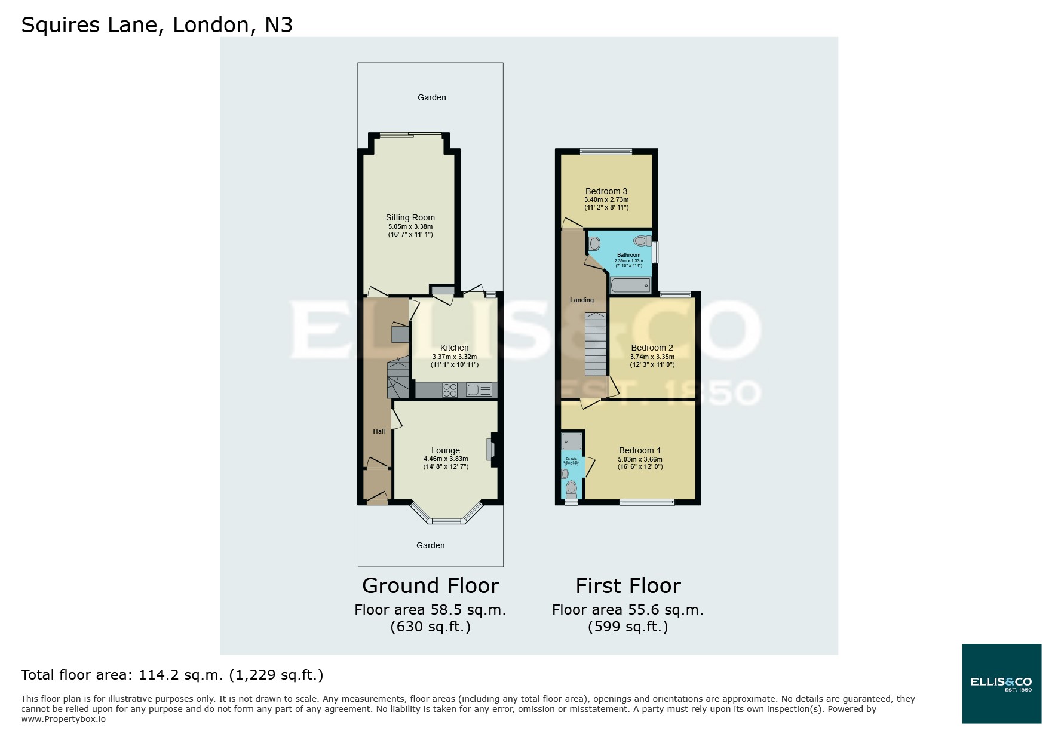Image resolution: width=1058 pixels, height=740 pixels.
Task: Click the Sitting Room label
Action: (x=410, y=217)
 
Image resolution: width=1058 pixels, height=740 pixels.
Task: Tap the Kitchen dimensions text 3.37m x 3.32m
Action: (x=454, y=357)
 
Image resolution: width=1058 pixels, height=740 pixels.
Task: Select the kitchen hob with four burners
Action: (x=450, y=390)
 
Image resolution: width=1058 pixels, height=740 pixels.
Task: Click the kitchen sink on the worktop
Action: (x=479, y=390)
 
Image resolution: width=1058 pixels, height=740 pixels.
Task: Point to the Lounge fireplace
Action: (x=490, y=449)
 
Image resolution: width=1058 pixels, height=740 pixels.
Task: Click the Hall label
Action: (x=379, y=431)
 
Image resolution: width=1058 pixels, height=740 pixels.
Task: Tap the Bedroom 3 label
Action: (x=606, y=191)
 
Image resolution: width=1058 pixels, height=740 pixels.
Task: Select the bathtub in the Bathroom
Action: (x=630, y=285)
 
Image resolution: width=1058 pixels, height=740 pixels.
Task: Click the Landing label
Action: (x=581, y=300)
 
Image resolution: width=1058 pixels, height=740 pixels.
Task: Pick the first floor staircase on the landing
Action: (x=596, y=346)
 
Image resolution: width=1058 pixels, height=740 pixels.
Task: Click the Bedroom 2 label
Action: (x=652, y=348)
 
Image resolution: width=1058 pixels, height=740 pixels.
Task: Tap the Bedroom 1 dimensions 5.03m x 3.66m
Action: (x=640, y=459)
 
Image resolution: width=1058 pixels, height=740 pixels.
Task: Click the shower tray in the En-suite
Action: (x=572, y=441)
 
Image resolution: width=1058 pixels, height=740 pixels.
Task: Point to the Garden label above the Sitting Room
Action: (x=431, y=97)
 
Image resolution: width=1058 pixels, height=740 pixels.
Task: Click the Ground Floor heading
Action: (x=430, y=585)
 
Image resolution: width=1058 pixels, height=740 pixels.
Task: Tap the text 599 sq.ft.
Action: (x=628, y=627)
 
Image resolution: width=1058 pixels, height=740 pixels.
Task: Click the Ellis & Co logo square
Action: (x=1001, y=683)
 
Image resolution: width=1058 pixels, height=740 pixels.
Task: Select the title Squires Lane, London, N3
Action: (x=157, y=25)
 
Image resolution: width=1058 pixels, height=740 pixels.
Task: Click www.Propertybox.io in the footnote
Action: (x=63, y=719)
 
